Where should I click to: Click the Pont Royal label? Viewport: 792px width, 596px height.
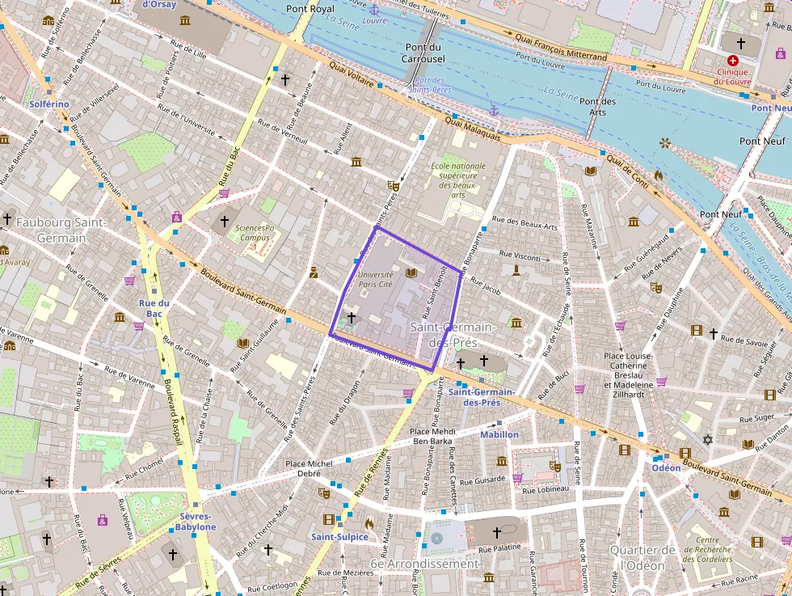[x=310, y=9]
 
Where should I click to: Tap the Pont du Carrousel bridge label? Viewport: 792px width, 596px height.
[x=423, y=53]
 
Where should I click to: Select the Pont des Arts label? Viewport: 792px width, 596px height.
[x=597, y=107]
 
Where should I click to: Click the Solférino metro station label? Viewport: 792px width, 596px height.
[x=49, y=104]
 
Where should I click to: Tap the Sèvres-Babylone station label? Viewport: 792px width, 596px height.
[x=196, y=522]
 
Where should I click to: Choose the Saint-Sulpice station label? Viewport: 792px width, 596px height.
[x=340, y=537]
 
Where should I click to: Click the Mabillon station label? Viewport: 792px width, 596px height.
[x=499, y=434]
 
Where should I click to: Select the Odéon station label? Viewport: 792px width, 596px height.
[x=666, y=467]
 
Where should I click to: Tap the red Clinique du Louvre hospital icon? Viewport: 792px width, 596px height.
[x=733, y=61]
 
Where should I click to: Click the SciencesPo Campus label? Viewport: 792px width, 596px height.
[x=255, y=233]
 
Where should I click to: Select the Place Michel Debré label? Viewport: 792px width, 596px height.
[x=309, y=468]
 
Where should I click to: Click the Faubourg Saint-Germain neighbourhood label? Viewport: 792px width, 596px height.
[x=51, y=230]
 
